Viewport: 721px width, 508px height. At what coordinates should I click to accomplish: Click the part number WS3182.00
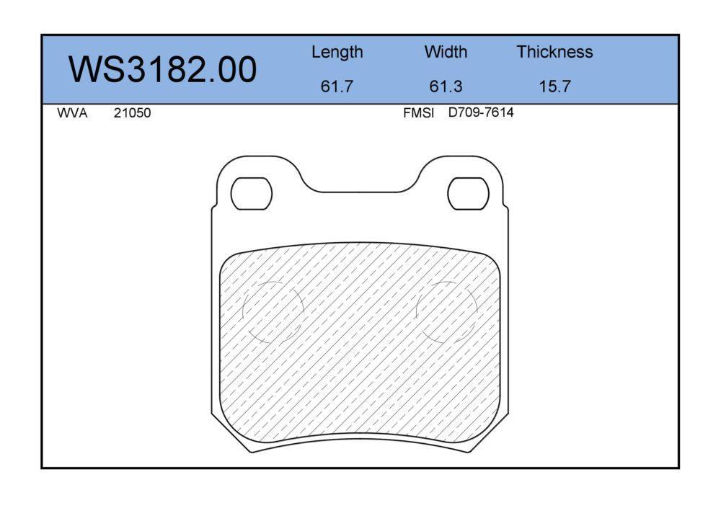(163, 69)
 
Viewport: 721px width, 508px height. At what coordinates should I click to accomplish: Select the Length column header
(337, 53)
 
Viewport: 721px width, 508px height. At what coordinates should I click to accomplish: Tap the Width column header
(446, 51)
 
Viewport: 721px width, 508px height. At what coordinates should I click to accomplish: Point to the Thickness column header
(554, 51)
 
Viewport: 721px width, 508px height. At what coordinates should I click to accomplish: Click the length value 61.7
(337, 86)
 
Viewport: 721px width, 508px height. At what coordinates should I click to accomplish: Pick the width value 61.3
(446, 86)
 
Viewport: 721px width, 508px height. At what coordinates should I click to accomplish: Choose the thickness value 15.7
(554, 86)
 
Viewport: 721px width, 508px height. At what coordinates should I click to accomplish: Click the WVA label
(72, 113)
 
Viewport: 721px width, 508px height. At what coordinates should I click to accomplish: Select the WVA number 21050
(132, 113)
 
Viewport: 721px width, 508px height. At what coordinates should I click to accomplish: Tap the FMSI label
(418, 113)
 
